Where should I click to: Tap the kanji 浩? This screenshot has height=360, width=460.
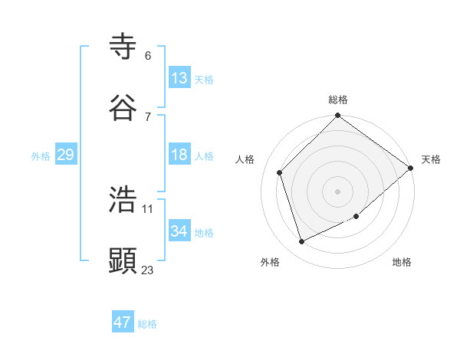pyautogui.click(x=123, y=198)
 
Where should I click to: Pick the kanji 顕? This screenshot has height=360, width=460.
pyautogui.click(x=123, y=260)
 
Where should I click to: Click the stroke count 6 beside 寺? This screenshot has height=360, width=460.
pyautogui.click(x=148, y=55)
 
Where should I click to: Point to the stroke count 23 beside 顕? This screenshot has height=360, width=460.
pyautogui.click(x=148, y=269)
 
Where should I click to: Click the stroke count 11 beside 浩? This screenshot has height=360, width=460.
pyautogui.click(x=148, y=208)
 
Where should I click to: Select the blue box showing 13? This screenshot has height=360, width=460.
pyautogui.click(x=179, y=78)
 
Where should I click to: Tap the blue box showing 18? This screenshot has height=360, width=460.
pyautogui.click(x=179, y=155)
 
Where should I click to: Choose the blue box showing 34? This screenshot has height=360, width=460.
pyautogui.click(x=179, y=231)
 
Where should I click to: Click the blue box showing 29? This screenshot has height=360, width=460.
pyautogui.click(x=66, y=155)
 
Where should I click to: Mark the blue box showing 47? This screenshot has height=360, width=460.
pyautogui.click(x=123, y=322)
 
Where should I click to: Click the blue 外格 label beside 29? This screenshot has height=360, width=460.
pyautogui.click(x=41, y=156)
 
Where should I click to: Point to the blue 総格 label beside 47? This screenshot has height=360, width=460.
pyautogui.click(x=147, y=324)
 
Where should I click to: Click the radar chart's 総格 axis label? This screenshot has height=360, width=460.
pyautogui.click(x=338, y=100)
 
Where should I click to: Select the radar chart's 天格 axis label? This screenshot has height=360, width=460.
pyautogui.click(x=431, y=159)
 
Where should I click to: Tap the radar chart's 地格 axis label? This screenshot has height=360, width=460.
pyautogui.click(x=402, y=262)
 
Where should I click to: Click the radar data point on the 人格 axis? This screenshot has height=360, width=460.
pyautogui.click(x=280, y=172)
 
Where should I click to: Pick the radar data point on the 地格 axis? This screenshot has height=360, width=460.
pyautogui.click(x=356, y=217)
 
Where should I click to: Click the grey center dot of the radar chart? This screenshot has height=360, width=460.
pyautogui.click(x=338, y=191)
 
